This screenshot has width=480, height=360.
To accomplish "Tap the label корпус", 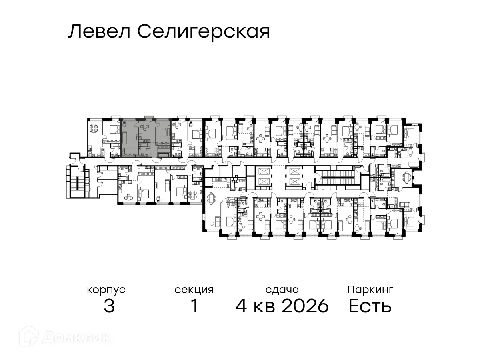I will coord(106,290).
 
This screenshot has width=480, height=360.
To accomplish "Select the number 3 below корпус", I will coord(109,306).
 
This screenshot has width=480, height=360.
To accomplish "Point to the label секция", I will coord(194,290).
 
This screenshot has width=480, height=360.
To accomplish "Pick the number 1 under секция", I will coord(194,306).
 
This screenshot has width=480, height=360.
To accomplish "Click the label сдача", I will coord(282,290).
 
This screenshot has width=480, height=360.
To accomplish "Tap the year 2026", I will coord(305,306).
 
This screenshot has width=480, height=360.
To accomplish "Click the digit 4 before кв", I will coord(241,306).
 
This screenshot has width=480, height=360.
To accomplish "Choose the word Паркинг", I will coord(370,289).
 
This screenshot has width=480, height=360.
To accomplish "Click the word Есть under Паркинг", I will coord(370,306).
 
